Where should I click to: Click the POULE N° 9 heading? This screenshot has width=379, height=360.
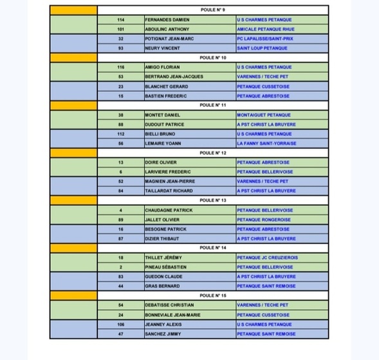click(212, 10)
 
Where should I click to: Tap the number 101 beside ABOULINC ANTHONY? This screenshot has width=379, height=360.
click(121, 29)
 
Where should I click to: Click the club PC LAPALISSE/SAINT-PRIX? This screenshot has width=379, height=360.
click(265, 39)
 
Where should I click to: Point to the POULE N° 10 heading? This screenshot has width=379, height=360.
click(213, 57)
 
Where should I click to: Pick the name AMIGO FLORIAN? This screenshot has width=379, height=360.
click(162, 67)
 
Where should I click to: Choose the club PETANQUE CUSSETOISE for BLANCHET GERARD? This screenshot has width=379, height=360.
click(263, 86)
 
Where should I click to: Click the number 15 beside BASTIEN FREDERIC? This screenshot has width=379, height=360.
click(121, 96)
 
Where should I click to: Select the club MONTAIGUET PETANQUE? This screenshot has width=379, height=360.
click(264, 115)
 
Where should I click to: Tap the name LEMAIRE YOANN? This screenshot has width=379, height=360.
click(164, 143)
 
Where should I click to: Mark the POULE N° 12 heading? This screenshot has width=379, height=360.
click(213, 153)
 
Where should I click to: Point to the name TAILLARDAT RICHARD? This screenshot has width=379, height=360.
click(169, 191)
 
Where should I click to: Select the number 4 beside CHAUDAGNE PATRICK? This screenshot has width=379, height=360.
click(121, 210)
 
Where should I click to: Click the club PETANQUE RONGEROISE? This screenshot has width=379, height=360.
click(264, 220)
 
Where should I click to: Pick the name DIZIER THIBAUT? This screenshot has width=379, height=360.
click(165, 238)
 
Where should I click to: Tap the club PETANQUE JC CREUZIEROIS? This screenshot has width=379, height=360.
click(267, 258)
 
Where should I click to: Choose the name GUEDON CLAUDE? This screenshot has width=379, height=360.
click(165, 276)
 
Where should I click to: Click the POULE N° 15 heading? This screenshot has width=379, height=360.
click(213, 295)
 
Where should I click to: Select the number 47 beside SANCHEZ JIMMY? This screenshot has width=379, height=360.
click(121, 334)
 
